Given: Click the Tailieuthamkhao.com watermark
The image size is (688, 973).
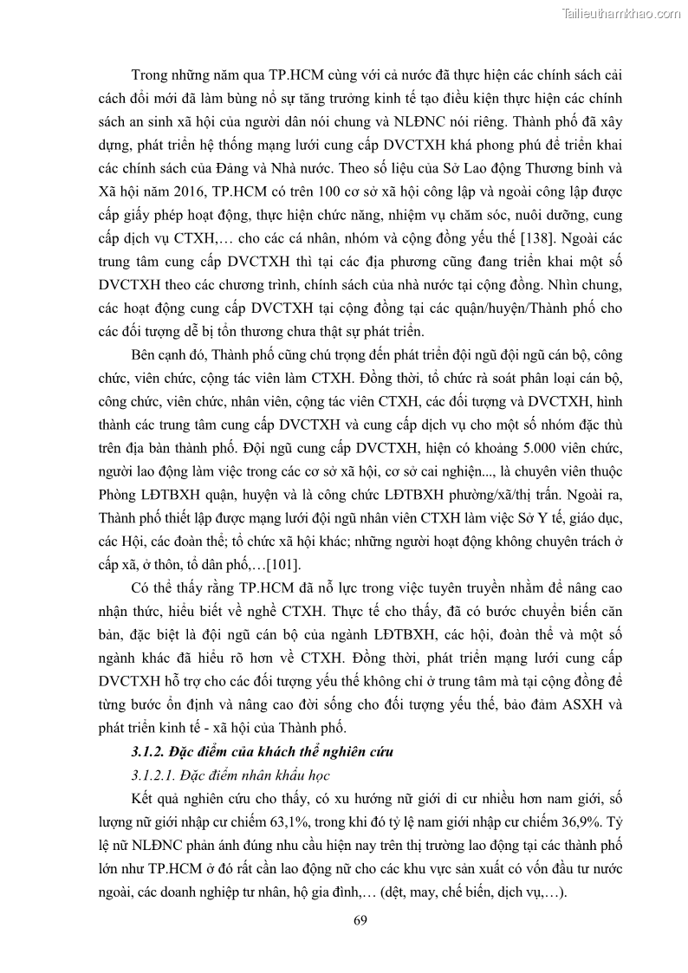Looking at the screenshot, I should (621, 14).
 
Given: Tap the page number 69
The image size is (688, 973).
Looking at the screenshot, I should (361, 919).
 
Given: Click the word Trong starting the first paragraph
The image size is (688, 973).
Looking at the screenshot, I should (151, 75).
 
